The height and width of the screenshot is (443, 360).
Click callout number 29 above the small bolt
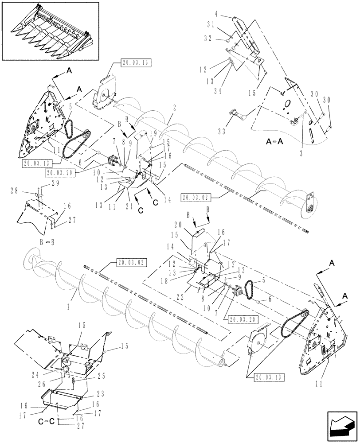coord(43,183)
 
